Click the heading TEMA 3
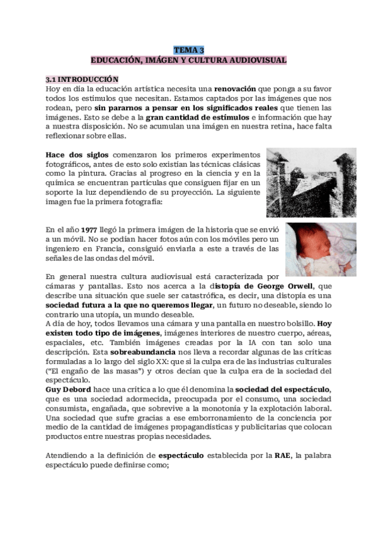click(x=189, y=50)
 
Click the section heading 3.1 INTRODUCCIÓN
click(x=82, y=79)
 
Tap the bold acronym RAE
click(x=283, y=455)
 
